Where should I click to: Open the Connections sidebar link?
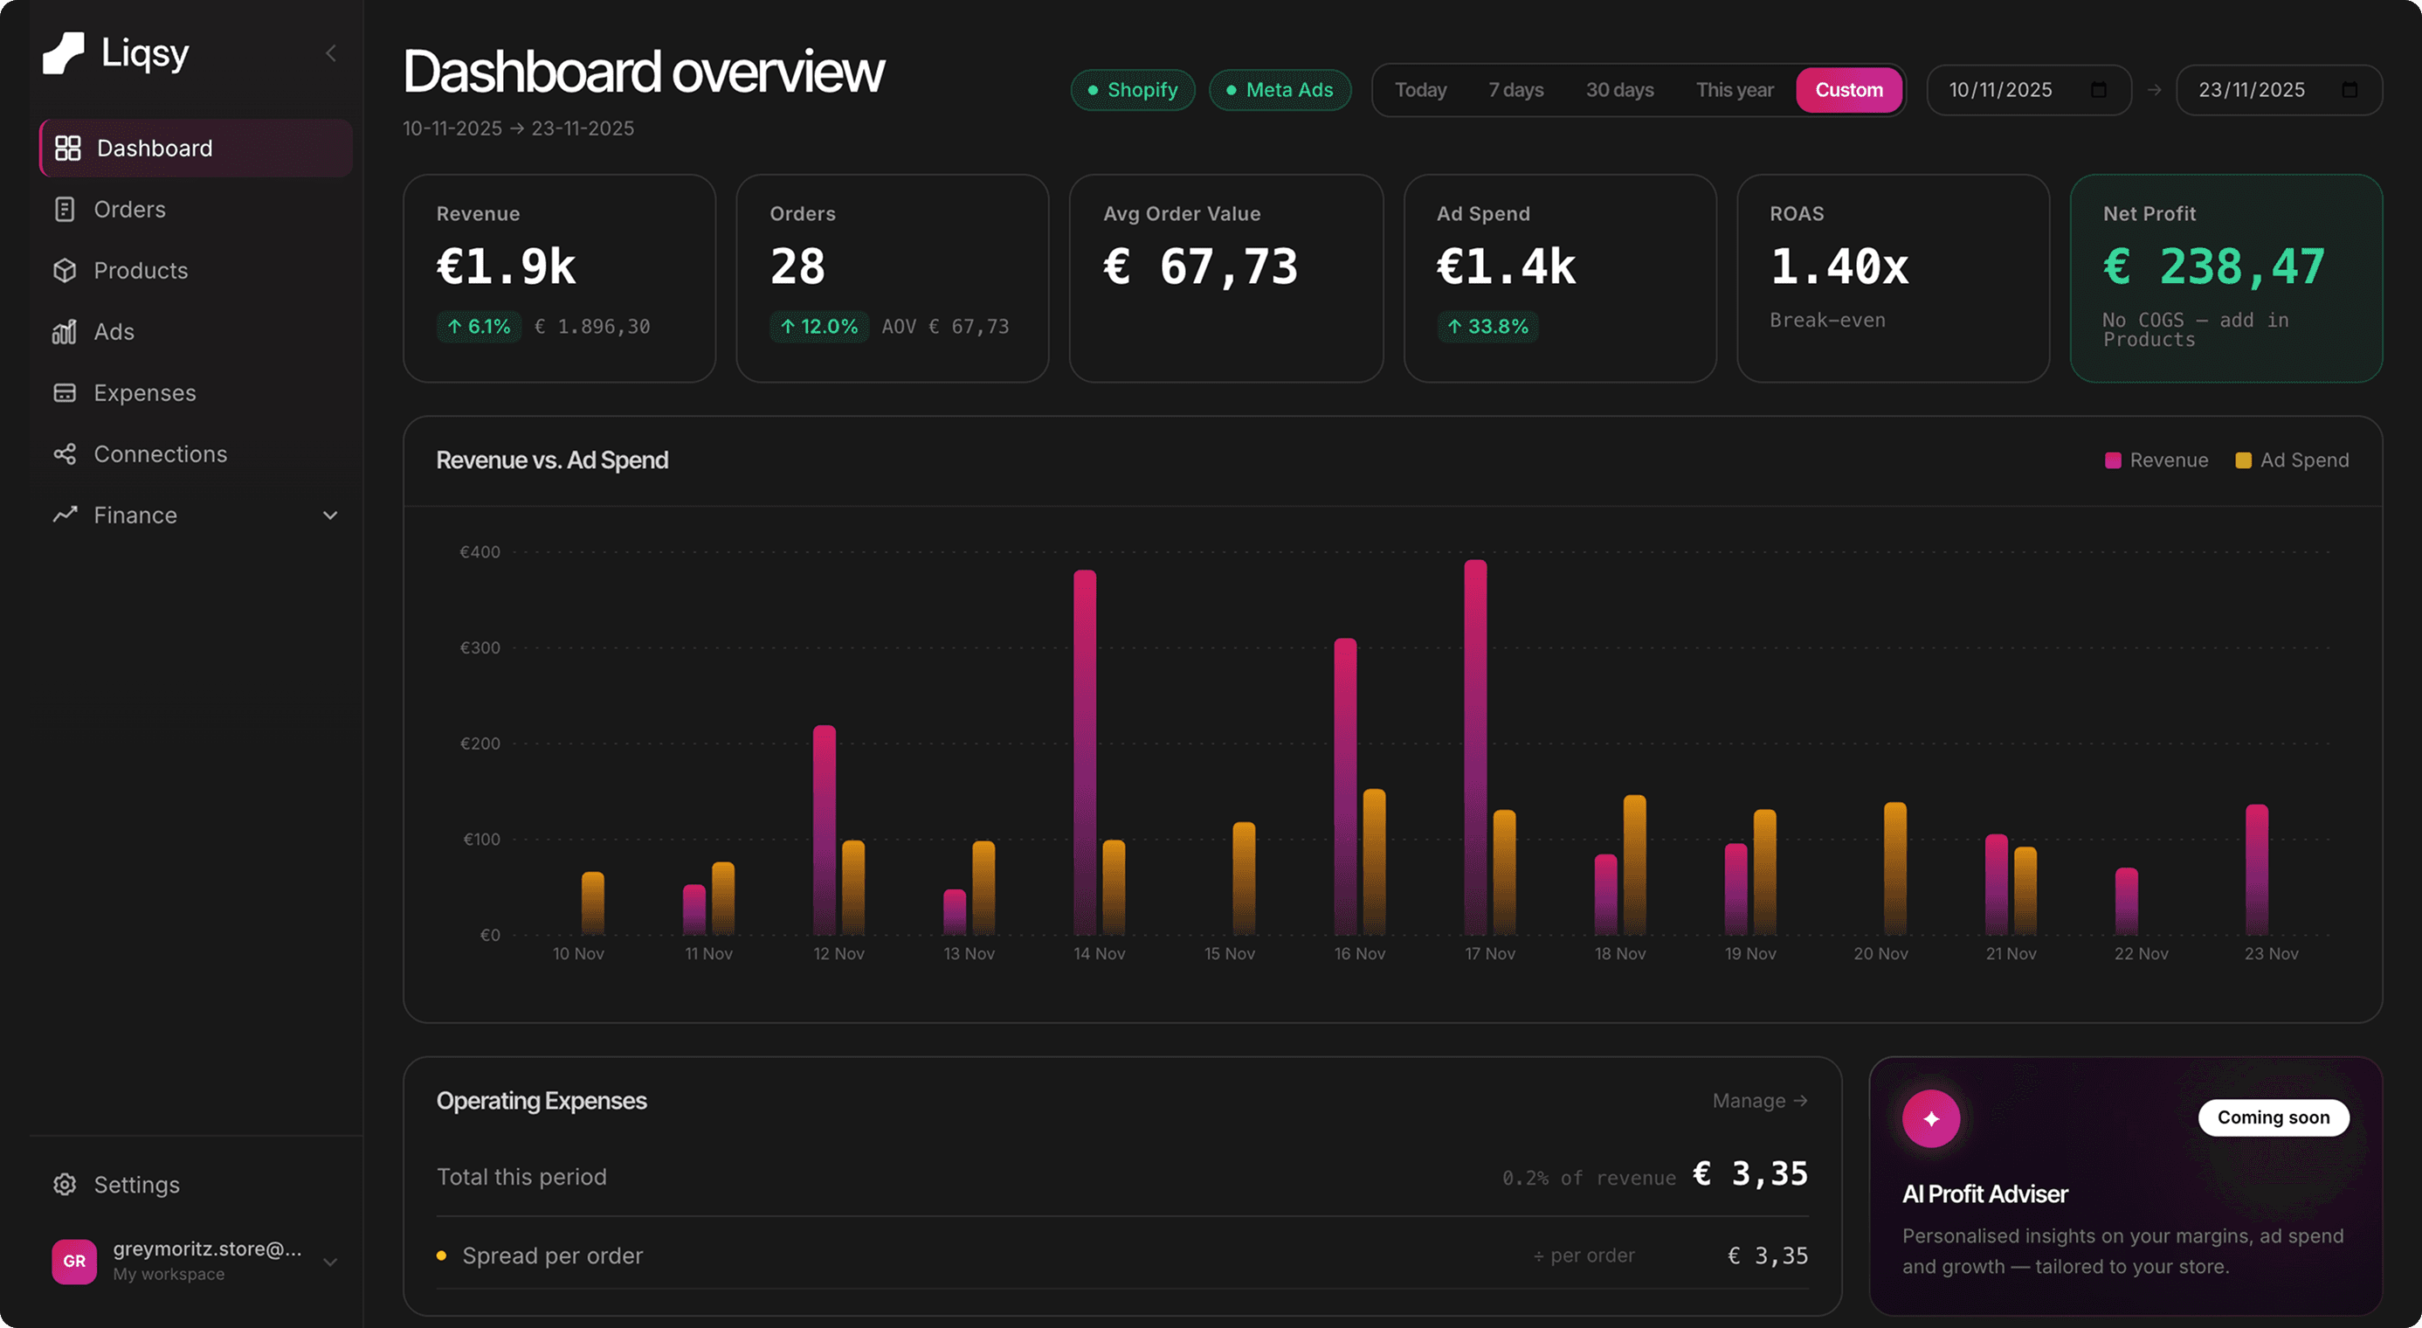pos(160,453)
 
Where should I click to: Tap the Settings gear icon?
pos(65,1184)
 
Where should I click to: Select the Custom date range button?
pos(1848,90)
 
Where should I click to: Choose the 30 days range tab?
pos(1619,90)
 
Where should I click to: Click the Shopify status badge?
pos(1132,90)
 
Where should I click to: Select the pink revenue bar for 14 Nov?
pos(1084,752)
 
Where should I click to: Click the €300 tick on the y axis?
pos(480,647)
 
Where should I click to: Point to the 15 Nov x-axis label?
pos(1229,952)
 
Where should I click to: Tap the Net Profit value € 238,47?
pos(2213,267)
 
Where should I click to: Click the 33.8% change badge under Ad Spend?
pos(1487,327)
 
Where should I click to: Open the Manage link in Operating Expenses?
pos(1759,1100)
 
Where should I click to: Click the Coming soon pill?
pos(2273,1117)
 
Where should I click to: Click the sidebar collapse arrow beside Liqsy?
pos(331,53)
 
